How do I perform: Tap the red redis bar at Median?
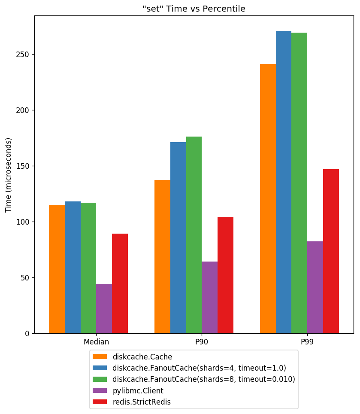tap(120, 283)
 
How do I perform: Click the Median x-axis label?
tap(96, 342)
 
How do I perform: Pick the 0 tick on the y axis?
tap(28, 333)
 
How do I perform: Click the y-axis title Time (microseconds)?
tap(9, 175)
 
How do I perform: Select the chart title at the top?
tap(194, 9)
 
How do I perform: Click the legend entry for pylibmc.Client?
tap(138, 391)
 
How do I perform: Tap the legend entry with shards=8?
tap(204, 379)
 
